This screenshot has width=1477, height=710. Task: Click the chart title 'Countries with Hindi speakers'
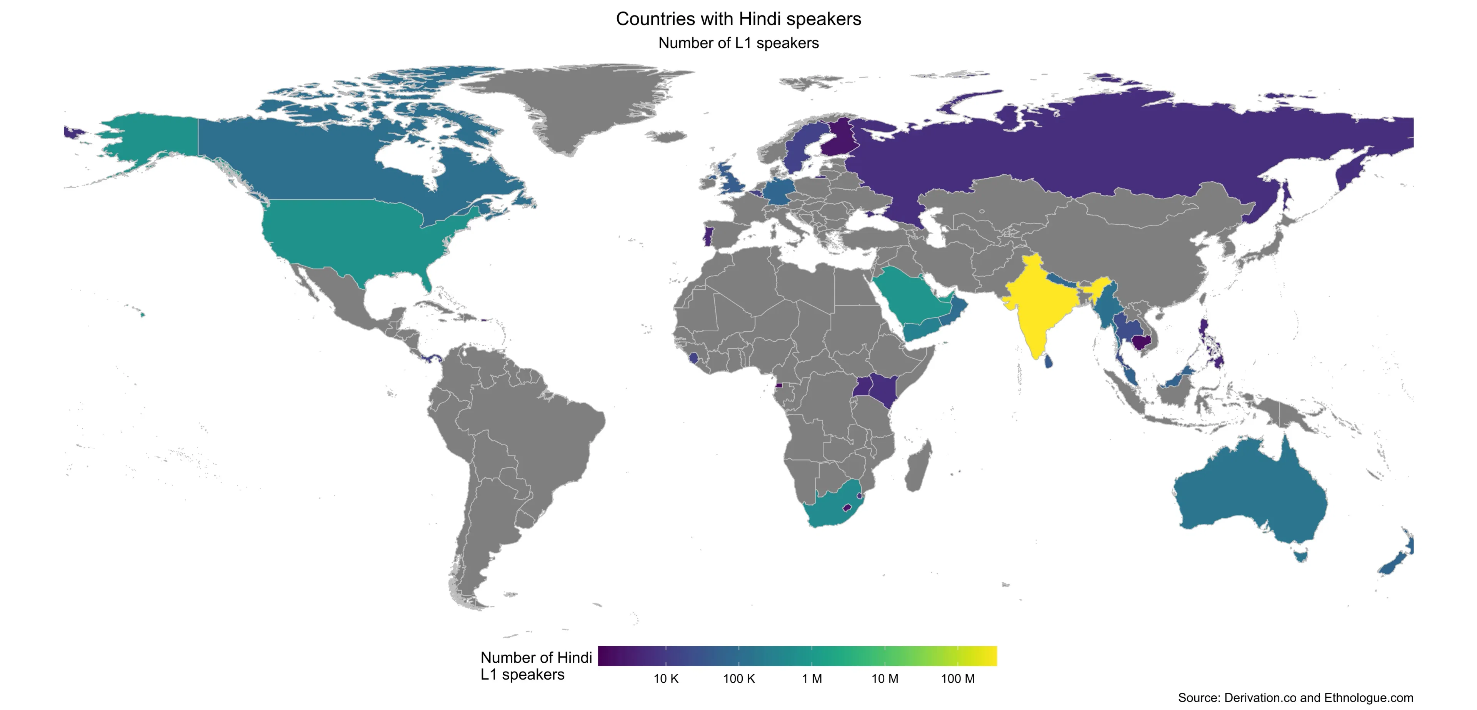[x=738, y=19]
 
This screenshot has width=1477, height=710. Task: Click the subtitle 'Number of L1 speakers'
[x=738, y=43]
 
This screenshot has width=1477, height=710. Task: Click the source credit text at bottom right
[x=1295, y=698]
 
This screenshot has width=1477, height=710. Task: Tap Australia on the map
[x=1250, y=499]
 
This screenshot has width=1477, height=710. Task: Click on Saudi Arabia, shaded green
[x=912, y=298]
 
